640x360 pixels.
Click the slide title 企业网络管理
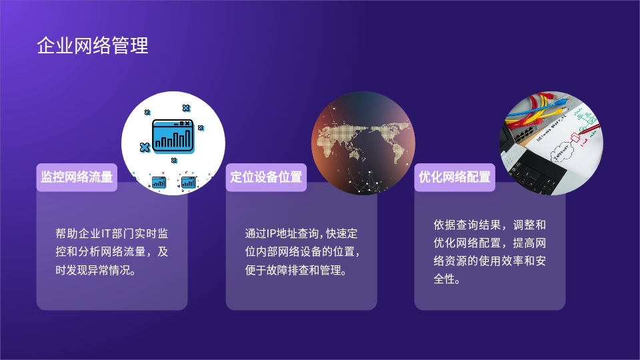[x=93, y=45]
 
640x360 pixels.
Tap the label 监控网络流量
[x=77, y=177]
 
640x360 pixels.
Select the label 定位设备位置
[x=266, y=177]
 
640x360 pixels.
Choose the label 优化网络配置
[x=455, y=177]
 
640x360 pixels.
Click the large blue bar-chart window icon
[x=173, y=136]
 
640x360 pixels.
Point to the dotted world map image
[x=363, y=143]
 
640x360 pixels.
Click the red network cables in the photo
[x=527, y=119]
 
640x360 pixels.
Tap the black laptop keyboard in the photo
[x=535, y=173]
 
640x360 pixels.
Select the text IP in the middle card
[x=271, y=233]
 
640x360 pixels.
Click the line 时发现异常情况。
[x=96, y=270]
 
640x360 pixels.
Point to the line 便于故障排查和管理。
[x=296, y=270]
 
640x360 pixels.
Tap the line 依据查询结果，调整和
[x=489, y=225]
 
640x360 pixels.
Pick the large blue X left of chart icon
[x=145, y=147]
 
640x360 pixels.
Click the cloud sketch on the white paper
[x=563, y=151]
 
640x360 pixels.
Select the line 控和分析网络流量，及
[x=112, y=251]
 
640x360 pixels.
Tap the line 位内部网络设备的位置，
[x=303, y=251]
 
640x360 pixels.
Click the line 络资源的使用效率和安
[x=489, y=261]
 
